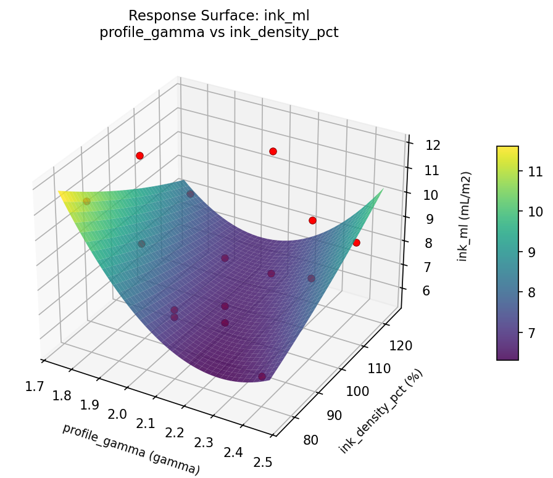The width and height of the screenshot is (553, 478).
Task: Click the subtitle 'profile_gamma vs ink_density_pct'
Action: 218,33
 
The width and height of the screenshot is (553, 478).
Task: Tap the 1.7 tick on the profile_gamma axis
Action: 35,387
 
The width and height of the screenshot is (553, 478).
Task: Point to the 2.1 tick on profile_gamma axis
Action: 145,424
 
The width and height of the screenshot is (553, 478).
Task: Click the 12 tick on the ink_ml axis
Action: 432,146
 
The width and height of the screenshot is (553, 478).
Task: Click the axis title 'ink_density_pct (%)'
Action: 381,412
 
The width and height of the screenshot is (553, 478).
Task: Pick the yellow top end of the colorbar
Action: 507,149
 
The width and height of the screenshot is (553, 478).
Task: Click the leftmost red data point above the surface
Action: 139,155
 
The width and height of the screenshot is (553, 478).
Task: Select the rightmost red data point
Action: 356,243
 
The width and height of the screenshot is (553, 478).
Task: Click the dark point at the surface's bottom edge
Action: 262,376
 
